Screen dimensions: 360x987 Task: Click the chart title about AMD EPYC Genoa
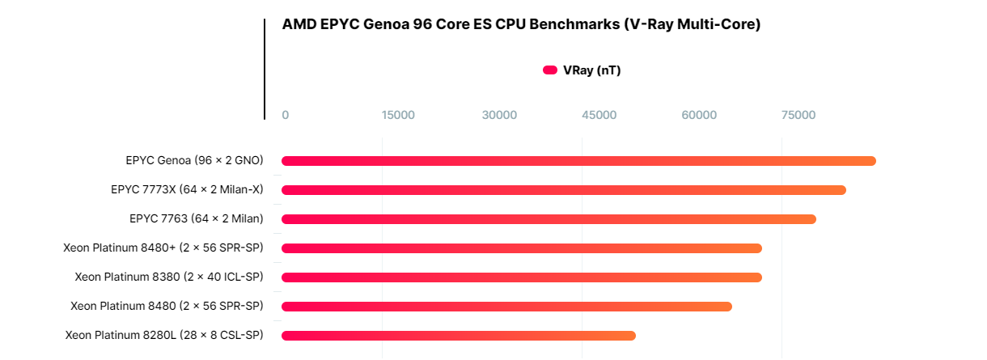coord(521,24)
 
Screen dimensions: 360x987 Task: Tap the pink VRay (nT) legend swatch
coord(550,70)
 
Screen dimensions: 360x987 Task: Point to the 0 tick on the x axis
coord(285,115)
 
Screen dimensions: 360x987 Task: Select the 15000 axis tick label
coord(398,115)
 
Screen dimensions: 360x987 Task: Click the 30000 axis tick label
coord(499,115)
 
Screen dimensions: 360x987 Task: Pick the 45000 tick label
coord(599,115)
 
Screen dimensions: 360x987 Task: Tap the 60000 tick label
coord(699,115)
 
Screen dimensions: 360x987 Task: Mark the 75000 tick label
coord(798,115)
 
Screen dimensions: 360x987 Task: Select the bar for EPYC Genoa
coord(578,161)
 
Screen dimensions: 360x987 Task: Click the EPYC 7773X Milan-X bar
coord(563,190)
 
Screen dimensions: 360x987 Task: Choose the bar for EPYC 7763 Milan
coord(549,219)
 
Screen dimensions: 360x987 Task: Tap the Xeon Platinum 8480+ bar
coord(521,248)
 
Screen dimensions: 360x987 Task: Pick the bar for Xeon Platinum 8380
coord(521,277)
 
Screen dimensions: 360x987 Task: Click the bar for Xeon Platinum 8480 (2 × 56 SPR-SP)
coord(506,307)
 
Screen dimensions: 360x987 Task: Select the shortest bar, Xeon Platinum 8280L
coord(458,336)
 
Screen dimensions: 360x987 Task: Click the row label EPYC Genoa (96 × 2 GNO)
coord(194,161)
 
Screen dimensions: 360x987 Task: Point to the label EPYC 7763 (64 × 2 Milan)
coord(196,219)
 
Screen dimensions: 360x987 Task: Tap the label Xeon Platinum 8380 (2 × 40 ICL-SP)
coord(169,277)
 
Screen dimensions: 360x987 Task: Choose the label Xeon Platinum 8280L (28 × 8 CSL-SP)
coord(164,336)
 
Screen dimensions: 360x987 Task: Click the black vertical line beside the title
coord(265,69)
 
